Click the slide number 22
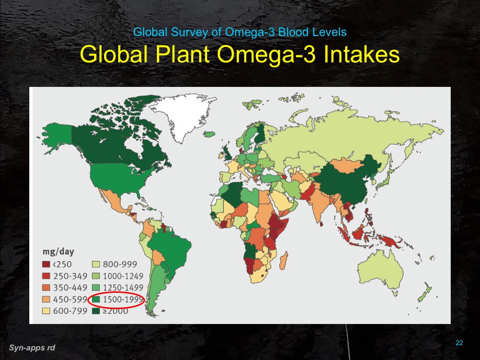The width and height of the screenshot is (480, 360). point(459,342)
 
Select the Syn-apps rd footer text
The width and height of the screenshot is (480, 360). point(32,347)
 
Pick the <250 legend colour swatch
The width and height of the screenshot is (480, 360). point(47,264)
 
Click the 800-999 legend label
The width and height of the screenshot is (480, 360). point(120,264)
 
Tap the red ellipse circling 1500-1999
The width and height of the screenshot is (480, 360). point(118,300)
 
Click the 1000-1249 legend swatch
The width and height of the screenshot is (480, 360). point(95,276)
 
